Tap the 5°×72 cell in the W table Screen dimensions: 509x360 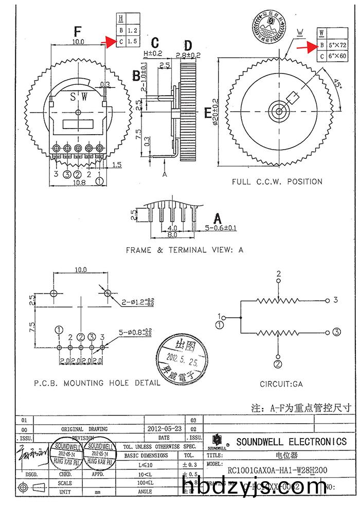point(337,46)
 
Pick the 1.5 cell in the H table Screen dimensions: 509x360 point(132,41)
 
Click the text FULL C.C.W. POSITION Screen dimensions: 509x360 point(277,181)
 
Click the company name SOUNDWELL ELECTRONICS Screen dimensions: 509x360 point(291,442)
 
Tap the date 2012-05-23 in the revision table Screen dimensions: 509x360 point(164,428)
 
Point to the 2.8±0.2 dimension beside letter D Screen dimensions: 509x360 point(188,54)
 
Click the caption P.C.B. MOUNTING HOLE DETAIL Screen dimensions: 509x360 point(97,383)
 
